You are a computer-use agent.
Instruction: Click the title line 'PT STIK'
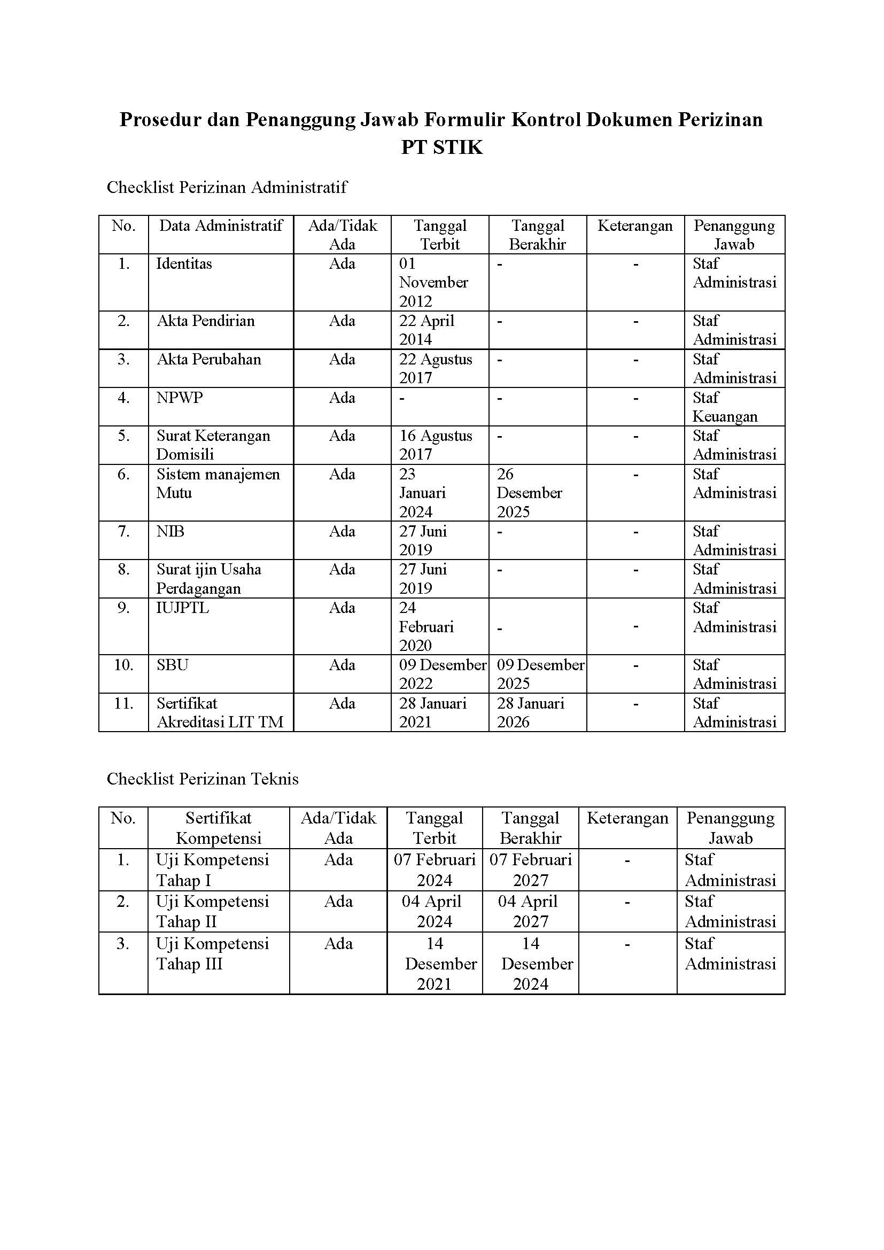[x=441, y=147]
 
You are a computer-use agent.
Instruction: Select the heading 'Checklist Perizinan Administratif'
[x=227, y=187]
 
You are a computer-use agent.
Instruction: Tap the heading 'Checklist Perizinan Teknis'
[x=203, y=779]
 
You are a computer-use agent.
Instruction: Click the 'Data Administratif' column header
[x=220, y=226]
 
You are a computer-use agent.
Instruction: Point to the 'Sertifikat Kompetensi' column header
[x=218, y=827]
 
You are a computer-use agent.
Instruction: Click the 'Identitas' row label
[x=184, y=264]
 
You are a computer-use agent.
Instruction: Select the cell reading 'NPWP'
[x=179, y=398]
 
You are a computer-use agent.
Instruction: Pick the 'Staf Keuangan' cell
[x=725, y=407]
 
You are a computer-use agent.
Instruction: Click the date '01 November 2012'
[x=433, y=283]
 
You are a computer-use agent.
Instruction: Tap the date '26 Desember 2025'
[x=529, y=493]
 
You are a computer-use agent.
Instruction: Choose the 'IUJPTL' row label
[x=182, y=608]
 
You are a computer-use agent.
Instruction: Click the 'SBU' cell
[x=172, y=665]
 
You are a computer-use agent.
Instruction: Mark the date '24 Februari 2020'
[x=425, y=627]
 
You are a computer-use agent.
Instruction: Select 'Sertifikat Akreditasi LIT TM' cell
[x=220, y=713]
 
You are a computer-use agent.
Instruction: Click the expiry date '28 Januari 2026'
[x=530, y=713]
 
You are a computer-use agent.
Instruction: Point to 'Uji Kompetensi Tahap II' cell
[x=212, y=911]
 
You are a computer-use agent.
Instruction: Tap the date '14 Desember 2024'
[x=536, y=964]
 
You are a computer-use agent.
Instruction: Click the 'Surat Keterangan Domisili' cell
[x=213, y=445]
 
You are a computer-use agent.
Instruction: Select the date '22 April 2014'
[x=426, y=330]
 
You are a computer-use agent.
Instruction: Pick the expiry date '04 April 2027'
[x=528, y=911]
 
